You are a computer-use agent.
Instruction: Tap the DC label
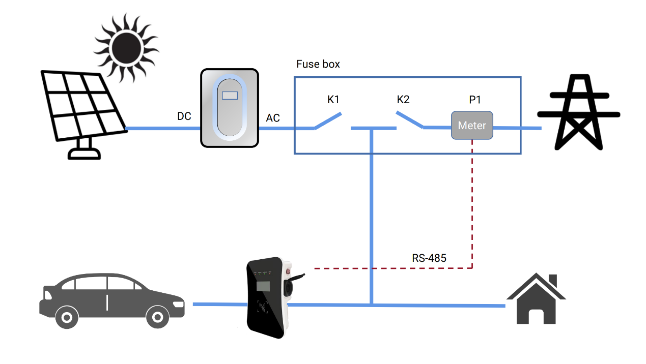184,116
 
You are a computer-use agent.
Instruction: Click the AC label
273,118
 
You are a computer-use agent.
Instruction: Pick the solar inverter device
230,108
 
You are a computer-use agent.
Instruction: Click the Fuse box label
318,64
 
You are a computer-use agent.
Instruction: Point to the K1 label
333,100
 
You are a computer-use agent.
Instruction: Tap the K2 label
403,100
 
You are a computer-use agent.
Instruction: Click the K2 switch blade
409,120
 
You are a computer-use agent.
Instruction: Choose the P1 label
475,100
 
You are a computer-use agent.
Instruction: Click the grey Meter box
472,126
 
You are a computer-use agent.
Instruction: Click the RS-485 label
429,258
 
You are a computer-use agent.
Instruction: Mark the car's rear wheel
67,317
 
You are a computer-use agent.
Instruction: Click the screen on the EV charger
263,285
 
